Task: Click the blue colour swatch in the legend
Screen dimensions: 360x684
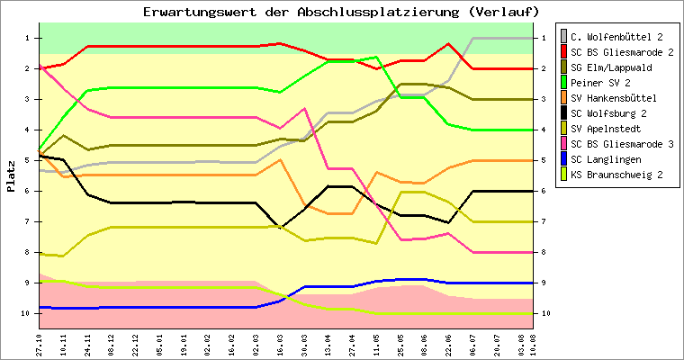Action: tap(565, 158)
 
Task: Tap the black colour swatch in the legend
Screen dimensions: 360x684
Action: tap(565, 112)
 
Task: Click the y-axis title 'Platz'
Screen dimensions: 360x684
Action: tap(12, 175)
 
